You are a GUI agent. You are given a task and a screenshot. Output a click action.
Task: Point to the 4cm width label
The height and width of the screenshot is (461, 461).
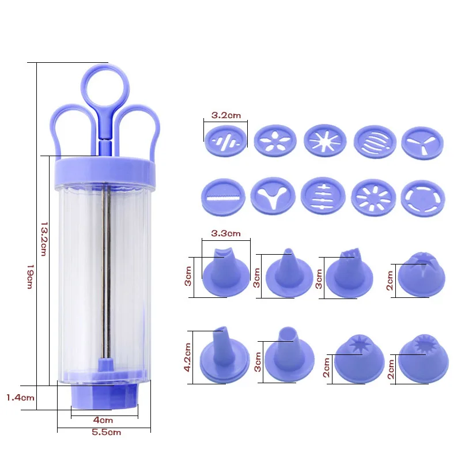[x=104, y=420]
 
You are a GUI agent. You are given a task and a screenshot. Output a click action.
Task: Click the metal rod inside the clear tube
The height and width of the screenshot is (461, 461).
[x=104, y=277]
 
